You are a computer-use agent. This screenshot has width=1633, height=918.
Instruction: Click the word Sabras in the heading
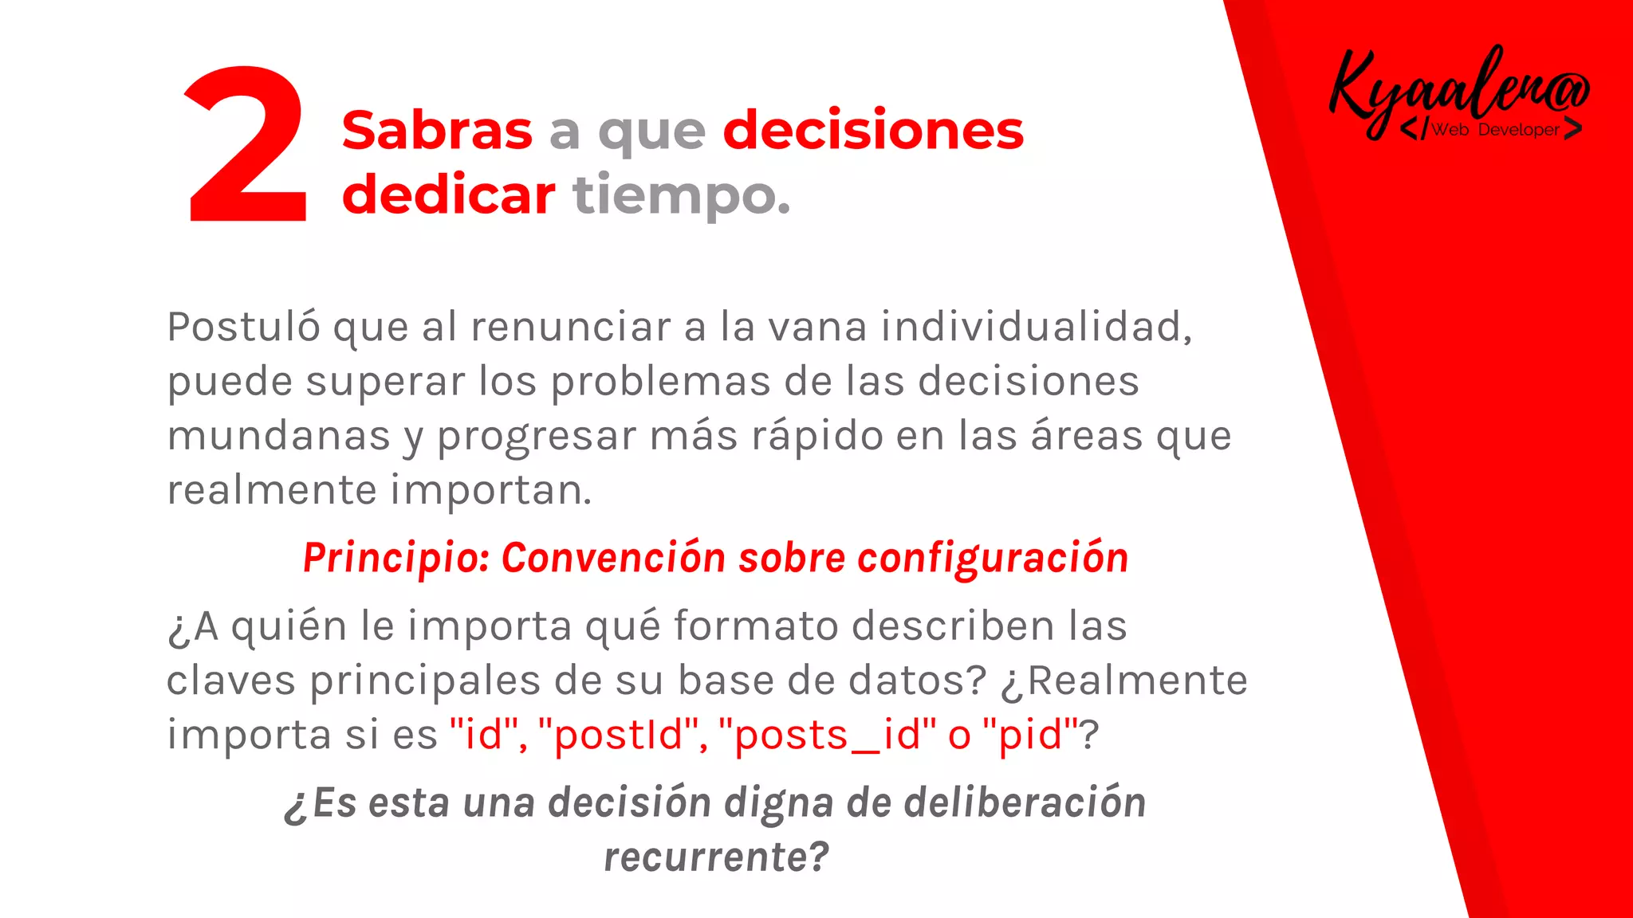point(437,131)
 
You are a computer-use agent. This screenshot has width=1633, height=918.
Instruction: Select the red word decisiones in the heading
point(873,131)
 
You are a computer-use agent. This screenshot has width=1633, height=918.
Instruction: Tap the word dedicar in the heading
point(448,196)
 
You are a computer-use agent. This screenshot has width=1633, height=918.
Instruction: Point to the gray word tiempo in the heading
point(680,196)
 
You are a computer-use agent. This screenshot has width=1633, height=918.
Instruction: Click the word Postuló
point(244,327)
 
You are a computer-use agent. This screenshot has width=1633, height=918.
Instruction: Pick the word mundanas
point(278,436)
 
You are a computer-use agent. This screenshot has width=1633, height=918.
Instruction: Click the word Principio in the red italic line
point(395,558)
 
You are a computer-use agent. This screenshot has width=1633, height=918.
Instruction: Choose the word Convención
point(613,558)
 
